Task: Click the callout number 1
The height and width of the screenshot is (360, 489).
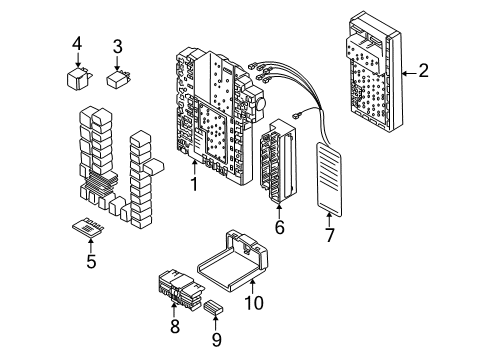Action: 193,186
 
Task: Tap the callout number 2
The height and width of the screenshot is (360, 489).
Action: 423,71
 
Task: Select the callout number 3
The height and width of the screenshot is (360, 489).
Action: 118,46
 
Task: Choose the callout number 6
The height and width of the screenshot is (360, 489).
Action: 279,227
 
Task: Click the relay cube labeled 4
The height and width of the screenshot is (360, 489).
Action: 76,76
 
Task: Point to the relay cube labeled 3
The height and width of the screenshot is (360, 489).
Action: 118,77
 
